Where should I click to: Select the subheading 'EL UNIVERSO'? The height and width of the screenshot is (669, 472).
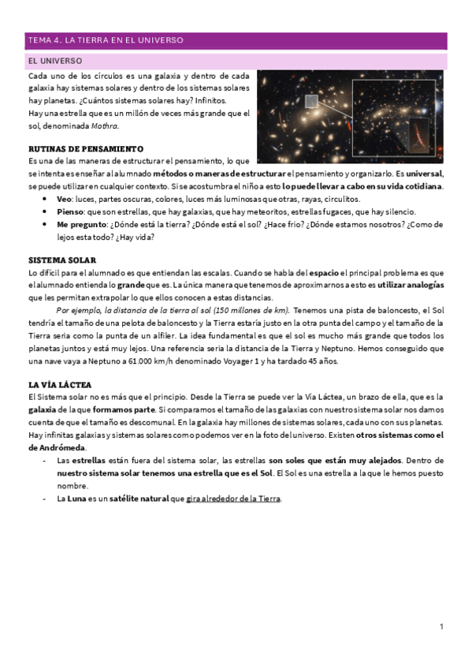click(55, 61)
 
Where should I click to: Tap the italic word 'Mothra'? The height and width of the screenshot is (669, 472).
click(105, 125)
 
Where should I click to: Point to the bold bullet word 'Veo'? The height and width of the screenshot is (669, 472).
click(64, 200)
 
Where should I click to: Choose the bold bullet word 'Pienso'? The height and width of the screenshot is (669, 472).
click(69, 212)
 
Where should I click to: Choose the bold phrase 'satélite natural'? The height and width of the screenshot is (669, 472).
click(147, 499)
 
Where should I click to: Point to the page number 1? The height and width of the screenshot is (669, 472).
click(442, 626)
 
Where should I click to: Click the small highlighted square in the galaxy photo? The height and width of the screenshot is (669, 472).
click(311, 102)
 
